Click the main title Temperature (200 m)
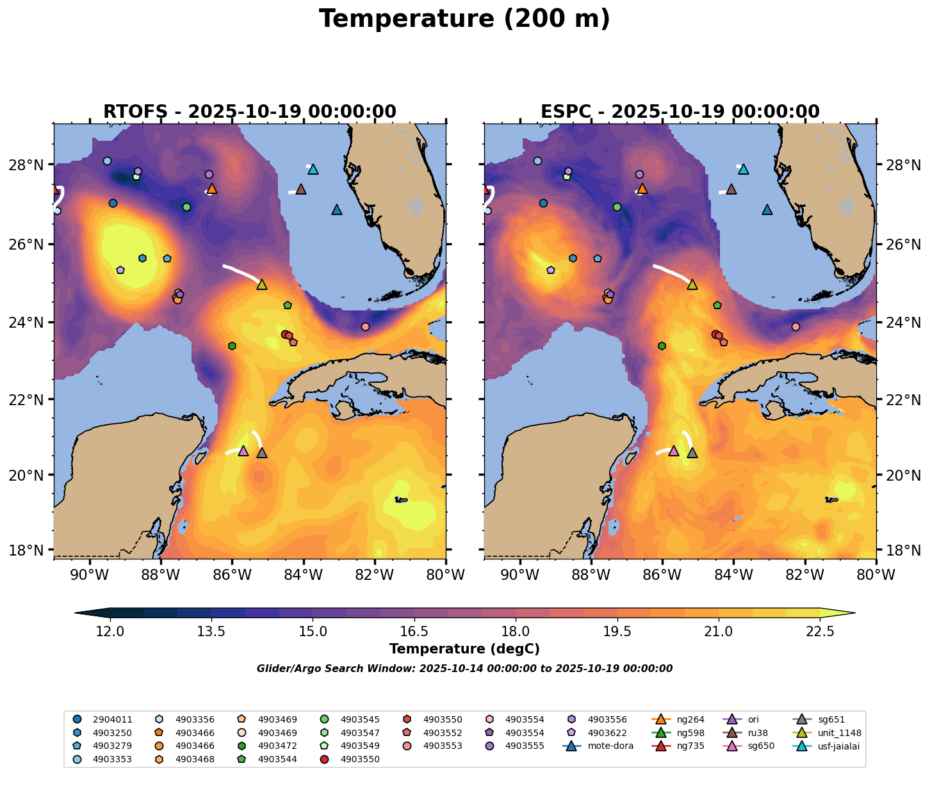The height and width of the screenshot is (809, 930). click(464, 19)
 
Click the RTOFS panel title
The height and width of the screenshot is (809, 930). click(250, 112)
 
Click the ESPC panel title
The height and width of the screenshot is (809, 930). click(680, 112)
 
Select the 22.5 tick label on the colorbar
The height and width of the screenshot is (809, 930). click(820, 632)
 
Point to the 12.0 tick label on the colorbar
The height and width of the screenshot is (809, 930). click(110, 632)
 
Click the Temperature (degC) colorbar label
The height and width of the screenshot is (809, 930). click(464, 649)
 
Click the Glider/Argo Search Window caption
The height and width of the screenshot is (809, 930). click(464, 669)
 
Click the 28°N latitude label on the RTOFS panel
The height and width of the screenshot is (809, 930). click(31, 165)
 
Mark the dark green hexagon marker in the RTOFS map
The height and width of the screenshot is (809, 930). click(232, 346)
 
